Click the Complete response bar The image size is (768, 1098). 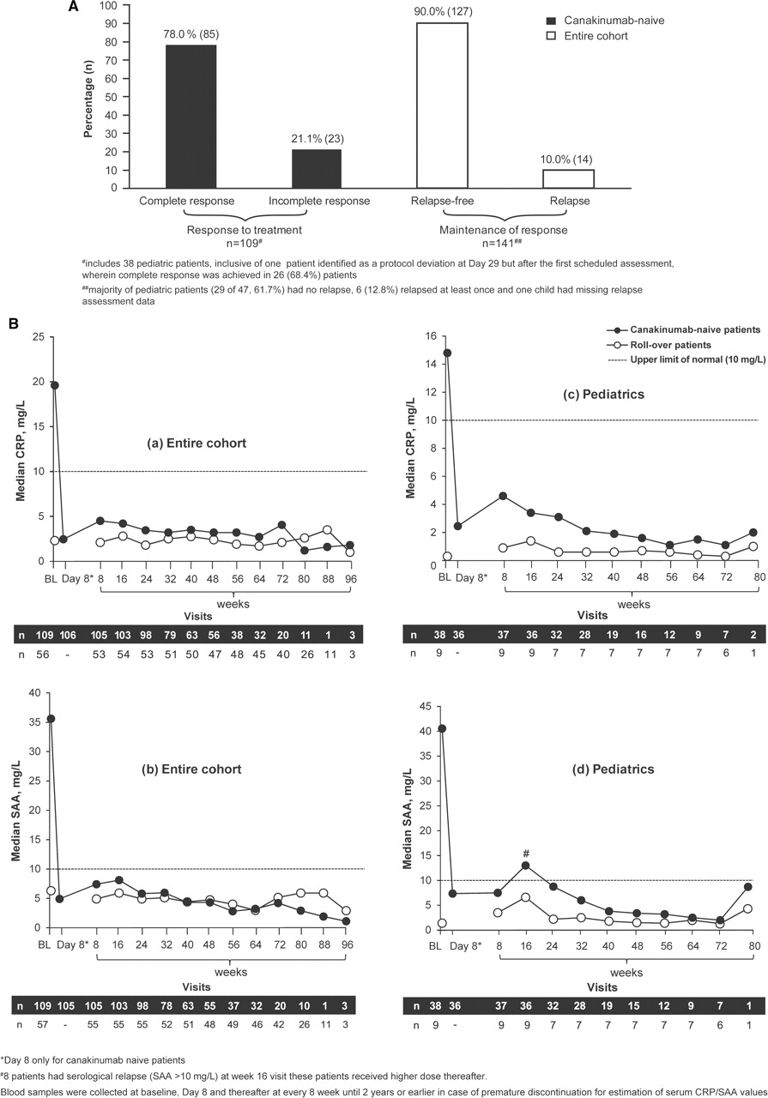(190, 116)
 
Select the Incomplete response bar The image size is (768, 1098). (317, 169)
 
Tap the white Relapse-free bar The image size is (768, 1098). (442, 106)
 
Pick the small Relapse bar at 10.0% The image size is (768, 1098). (568, 179)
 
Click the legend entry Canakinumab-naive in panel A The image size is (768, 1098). (605, 21)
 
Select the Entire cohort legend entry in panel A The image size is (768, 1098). (587, 36)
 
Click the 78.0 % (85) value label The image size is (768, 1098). (191, 34)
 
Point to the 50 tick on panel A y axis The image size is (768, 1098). (112, 97)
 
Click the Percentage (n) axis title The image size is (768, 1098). (88, 97)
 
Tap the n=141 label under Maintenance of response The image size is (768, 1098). (504, 243)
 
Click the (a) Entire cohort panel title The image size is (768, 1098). (197, 443)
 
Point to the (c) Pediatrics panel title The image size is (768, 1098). (604, 394)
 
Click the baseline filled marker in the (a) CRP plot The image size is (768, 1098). (54, 385)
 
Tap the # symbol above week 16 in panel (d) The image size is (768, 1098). (526, 854)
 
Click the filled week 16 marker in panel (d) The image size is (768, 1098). (526, 866)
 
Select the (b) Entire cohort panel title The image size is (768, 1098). (191, 769)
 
